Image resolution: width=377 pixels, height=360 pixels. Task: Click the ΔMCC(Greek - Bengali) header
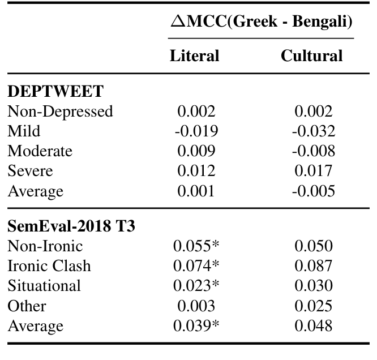click(261, 22)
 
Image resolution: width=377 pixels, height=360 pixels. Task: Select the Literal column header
click(194, 55)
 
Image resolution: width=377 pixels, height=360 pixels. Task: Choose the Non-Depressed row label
click(60, 112)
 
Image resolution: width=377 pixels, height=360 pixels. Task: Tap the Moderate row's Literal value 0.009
click(196, 151)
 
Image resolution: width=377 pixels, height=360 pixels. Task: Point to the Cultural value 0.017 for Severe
click(314, 171)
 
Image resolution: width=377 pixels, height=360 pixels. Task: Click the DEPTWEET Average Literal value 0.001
click(196, 191)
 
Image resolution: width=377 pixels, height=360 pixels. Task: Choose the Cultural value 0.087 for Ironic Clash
click(314, 266)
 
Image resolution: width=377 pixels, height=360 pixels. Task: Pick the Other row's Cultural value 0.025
click(314, 306)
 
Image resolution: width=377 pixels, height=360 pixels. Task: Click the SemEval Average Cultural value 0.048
click(314, 326)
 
